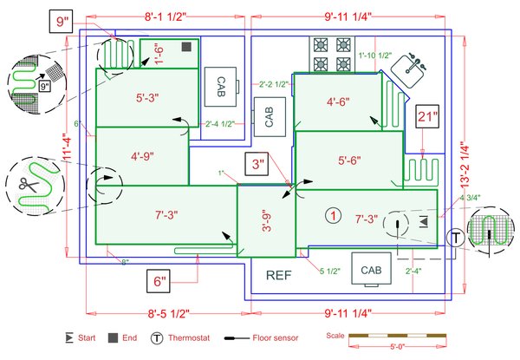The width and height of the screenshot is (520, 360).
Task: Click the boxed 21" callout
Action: [426, 117]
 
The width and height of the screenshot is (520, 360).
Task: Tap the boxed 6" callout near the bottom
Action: [159, 280]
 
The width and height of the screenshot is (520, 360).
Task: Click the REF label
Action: [278, 277]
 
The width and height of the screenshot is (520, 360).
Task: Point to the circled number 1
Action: [329, 214]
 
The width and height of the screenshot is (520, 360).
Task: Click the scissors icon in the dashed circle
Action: [21, 184]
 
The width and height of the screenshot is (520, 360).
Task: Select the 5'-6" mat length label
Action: [348, 160]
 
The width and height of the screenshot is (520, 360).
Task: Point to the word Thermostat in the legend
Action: [193, 337]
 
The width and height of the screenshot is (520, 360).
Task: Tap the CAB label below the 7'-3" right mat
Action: [371, 269]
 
